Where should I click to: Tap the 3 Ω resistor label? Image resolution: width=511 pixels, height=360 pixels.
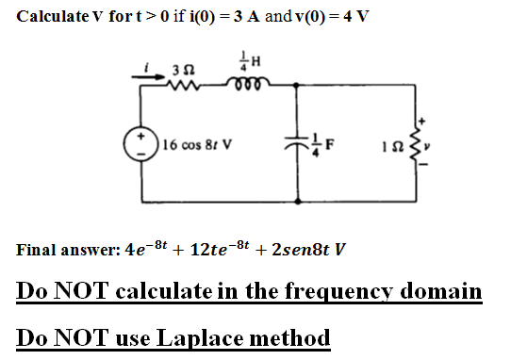185,69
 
